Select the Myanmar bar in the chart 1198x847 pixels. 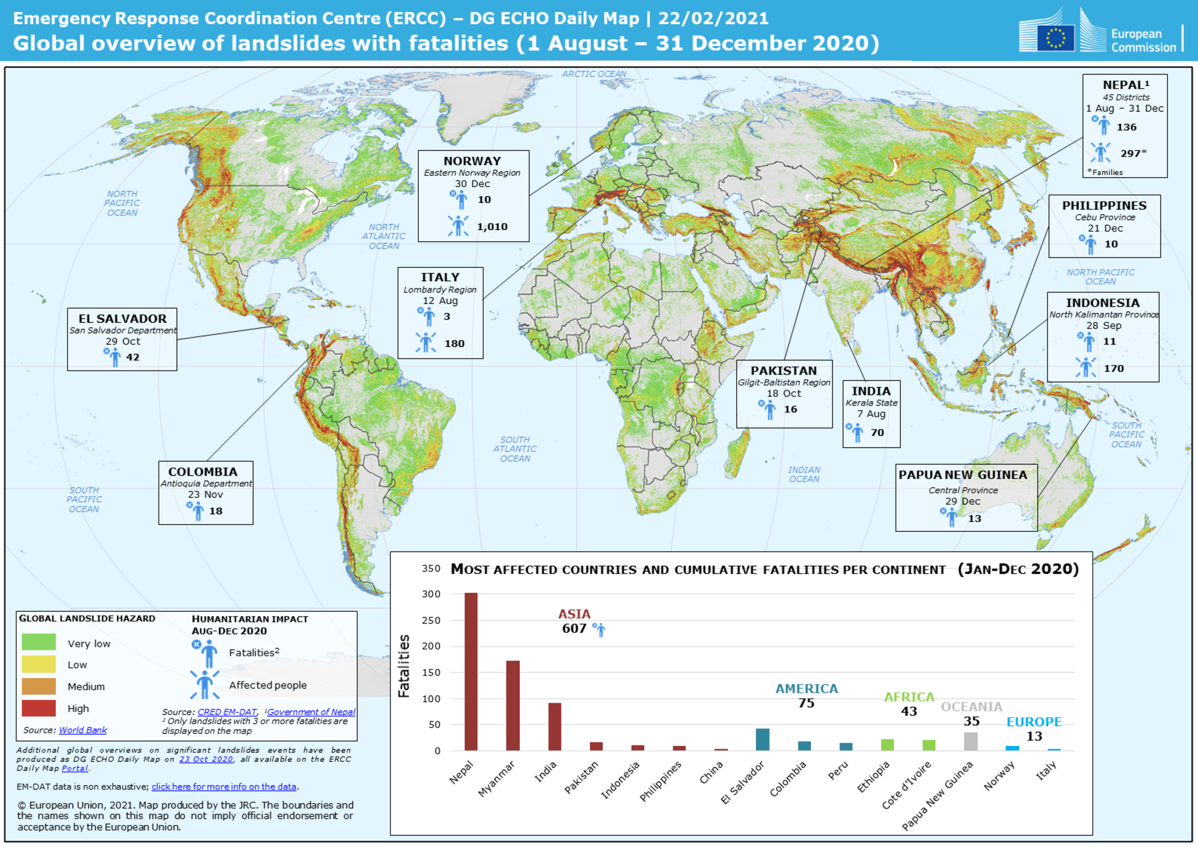click(x=513, y=705)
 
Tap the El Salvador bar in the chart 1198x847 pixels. click(x=763, y=739)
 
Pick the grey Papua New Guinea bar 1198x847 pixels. click(x=971, y=741)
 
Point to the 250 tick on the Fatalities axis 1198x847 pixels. click(x=431, y=620)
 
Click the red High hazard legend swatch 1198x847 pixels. click(x=39, y=708)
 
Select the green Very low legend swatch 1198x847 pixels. click(x=39, y=642)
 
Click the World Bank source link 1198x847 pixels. click(x=83, y=730)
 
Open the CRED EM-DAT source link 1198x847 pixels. click(x=227, y=712)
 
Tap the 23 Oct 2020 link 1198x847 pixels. click(x=206, y=759)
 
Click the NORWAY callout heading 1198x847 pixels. click(x=472, y=161)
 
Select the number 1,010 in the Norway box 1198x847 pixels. click(x=492, y=227)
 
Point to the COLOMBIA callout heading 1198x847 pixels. click(x=203, y=471)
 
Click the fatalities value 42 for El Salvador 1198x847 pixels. click(x=133, y=357)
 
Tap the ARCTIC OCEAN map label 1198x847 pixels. click(x=594, y=74)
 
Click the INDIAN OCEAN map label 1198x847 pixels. click(x=804, y=475)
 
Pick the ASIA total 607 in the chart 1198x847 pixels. click(x=574, y=628)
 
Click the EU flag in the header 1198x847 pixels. click(x=1055, y=38)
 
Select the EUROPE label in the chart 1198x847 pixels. click(x=1034, y=722)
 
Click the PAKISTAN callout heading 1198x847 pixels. click(x=783, y=370)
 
